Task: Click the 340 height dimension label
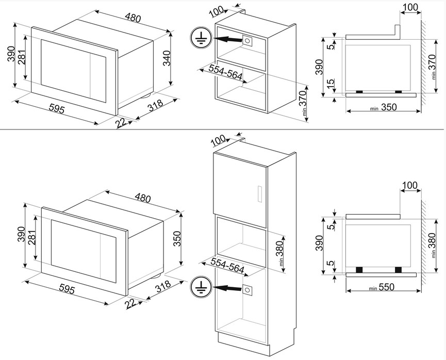178,62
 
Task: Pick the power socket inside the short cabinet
249,41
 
